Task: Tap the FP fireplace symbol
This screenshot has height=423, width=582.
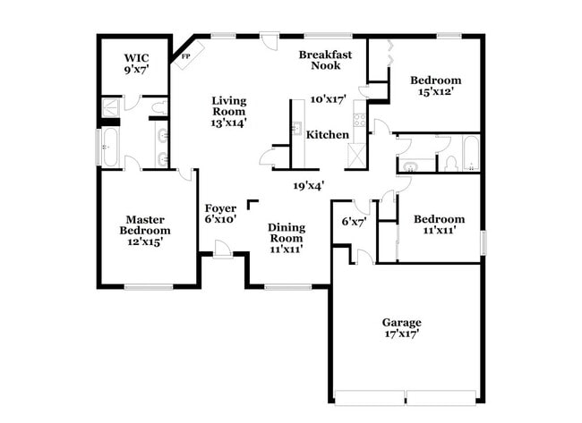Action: click(186, 56)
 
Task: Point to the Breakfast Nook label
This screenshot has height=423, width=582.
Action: click(325, 59)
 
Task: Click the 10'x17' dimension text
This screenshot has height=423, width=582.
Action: click(328, 99)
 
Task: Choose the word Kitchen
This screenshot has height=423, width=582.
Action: click(328, 134)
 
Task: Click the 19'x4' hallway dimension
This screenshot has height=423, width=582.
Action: click(308, 186)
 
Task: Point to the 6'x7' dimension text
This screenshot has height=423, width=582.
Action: click(355, 222)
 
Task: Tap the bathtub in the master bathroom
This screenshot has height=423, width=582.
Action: click(111, 148)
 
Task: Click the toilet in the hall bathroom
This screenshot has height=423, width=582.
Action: click(451, 164)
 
